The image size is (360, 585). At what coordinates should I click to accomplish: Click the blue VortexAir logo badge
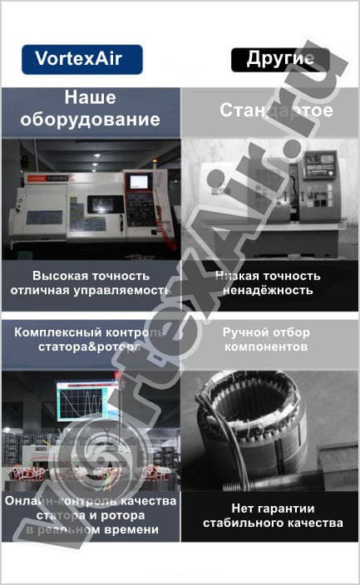click(82, 59)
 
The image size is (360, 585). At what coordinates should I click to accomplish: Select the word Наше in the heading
click(90, 96)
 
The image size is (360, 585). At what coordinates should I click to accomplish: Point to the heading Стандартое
click(276, 110)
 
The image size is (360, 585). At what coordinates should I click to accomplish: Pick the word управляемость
click(122, 290)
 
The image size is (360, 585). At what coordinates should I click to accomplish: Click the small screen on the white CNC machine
click(138, 181)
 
